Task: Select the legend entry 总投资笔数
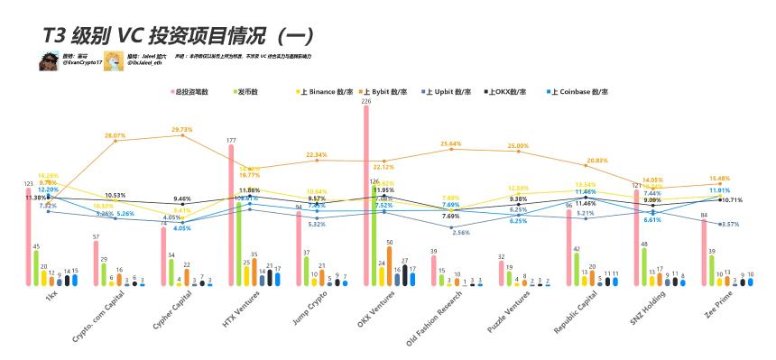pyautogui.click(x=191, y=91)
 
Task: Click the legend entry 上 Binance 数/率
pyautogui.click(x=328, y=91)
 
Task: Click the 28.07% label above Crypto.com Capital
pyautogui.click(x=115, y=135)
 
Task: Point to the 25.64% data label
pyautogui.click(x=451, y=143)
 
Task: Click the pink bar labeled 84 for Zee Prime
pyautogui.click(x=704, y=253)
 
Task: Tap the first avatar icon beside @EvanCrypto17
pyautogui.click(x=49, y=61)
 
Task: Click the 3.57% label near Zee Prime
pyautogui.click(x=728, y=224)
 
